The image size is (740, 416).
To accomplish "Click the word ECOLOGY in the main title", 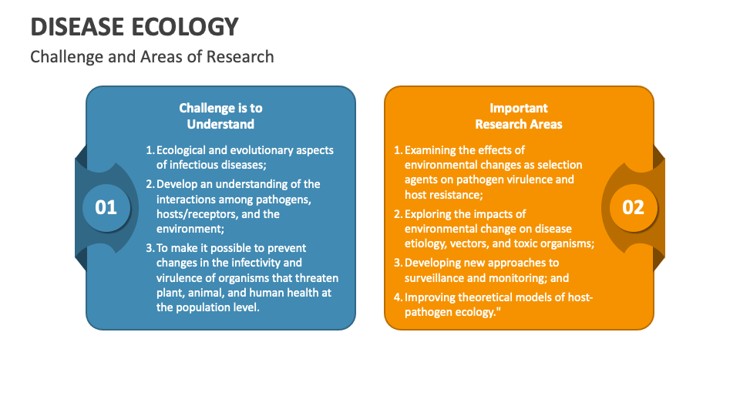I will pos(190,26).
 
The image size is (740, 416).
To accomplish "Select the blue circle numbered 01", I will pos(106,206).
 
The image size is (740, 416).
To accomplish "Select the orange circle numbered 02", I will pos(633,206).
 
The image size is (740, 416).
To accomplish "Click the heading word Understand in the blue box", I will pos(220,124).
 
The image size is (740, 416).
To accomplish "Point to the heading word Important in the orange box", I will pos(519,108).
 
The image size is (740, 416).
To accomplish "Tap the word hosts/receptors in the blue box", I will pos(194,214).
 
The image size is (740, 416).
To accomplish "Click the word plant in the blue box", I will pos(170,293).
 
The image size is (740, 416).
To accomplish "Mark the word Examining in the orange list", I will pos(432,150).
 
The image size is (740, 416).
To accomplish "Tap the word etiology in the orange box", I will pos(426,243).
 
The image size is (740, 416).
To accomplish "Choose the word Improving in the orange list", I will pos(432,297).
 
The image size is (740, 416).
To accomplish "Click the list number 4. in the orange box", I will pos(399,297).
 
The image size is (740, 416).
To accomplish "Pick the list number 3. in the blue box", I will pos(150,248).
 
